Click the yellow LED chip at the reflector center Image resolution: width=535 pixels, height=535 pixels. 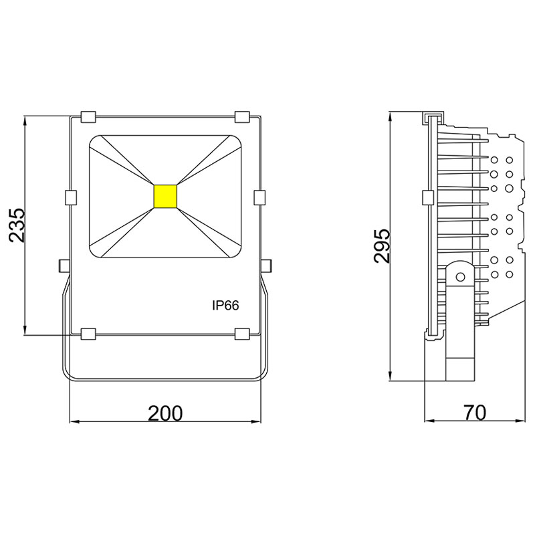pyautogui.click(x=165, y=195)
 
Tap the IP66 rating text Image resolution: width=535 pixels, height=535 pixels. pyautogui.click(x=225, y=305)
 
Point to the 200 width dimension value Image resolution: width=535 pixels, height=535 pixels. pyautogui.click(x=165, y=413)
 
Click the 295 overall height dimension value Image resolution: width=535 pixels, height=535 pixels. pyautogui.click(x=382, y=246)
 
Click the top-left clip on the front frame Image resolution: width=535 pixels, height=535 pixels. pyautogui.click(x=88, y=116)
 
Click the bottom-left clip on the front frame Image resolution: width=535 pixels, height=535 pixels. pyautogui.click(x=88, y=333)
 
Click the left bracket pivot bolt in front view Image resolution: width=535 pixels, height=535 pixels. pyautogui.click(x=64, y=265)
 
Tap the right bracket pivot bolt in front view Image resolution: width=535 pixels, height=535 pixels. pyautogui.click(x=266, y=265)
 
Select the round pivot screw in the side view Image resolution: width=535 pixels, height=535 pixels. pyautogui.click(x=459, y=276)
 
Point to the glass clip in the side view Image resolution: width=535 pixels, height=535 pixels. pyautogui.click(x=427, y=198)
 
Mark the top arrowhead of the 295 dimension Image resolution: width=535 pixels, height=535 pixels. pyautogui.click(x=390, y=116)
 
